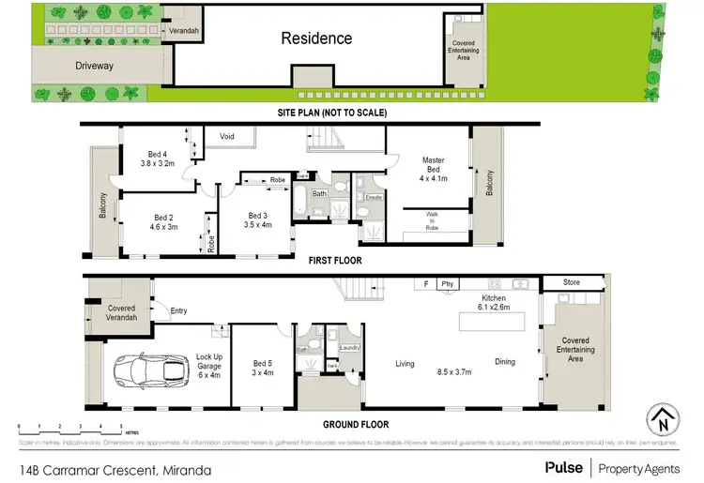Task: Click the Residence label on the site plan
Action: (x=316, y=38)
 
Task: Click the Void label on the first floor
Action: (x=226, y=136)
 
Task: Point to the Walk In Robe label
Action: (x=432, y=220)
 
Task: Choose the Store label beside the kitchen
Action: (x=572, y=281)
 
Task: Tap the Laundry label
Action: (x=349, y=347)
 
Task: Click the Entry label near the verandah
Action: (x=178, y=310)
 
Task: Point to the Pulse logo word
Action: (x=561, y=466)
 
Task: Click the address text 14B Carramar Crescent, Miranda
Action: (x=113, y=469)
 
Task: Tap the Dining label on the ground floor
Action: (x=505, y=361)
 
